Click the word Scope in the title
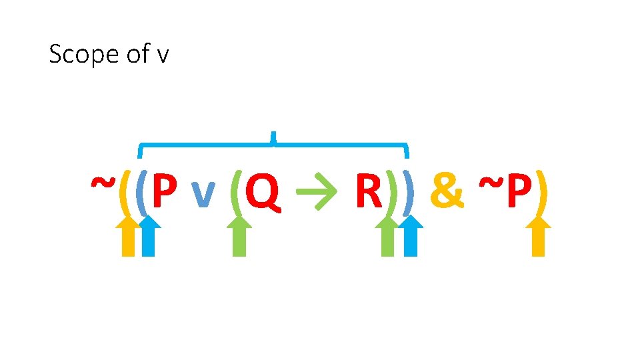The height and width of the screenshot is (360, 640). tap(75, 54)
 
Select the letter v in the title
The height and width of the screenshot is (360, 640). tap(163, 55)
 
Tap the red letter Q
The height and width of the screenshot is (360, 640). tap(261, 191)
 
